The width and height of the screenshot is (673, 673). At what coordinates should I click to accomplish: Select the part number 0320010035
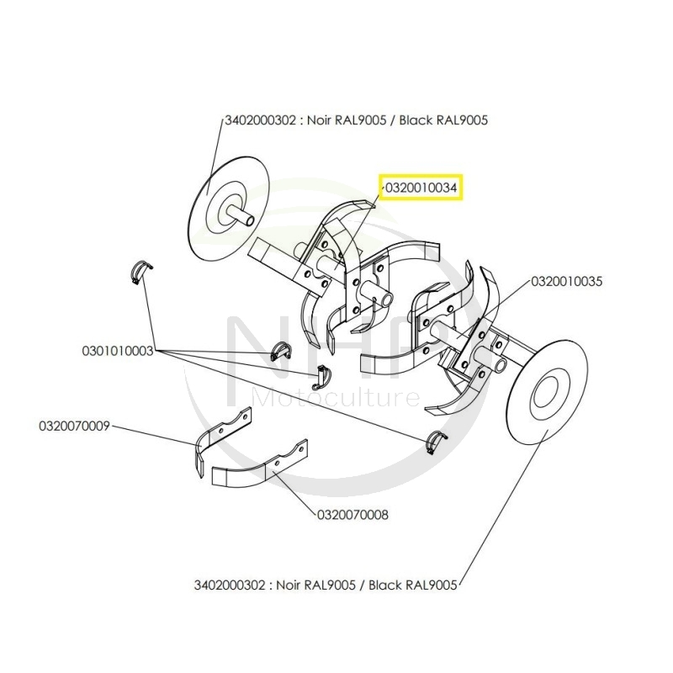(566, 282)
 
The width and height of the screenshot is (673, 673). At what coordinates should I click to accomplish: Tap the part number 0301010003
(117, 350)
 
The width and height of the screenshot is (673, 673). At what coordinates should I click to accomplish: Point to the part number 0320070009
(74, 426)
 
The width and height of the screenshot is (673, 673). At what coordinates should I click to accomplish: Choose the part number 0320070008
(352, 514)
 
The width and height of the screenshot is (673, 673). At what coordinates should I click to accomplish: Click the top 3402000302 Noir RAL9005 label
(356, 120)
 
